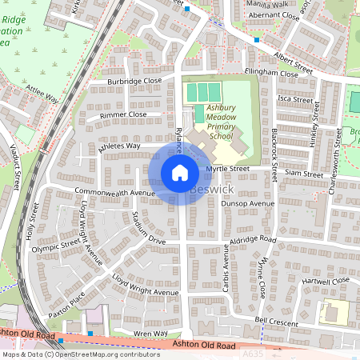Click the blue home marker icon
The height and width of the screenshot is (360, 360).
180,173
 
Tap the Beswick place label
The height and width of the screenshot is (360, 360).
214,190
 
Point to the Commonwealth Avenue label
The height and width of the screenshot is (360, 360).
114,193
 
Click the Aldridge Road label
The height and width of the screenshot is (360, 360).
252,241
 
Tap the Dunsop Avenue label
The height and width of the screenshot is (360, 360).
247,204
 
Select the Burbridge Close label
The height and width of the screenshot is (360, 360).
135,81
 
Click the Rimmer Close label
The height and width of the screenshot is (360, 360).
123,115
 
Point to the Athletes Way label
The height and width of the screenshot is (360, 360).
118,146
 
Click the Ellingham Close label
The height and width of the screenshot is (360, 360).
272,74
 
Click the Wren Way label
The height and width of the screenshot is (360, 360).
150,333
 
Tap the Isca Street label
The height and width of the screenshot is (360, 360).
294,99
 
